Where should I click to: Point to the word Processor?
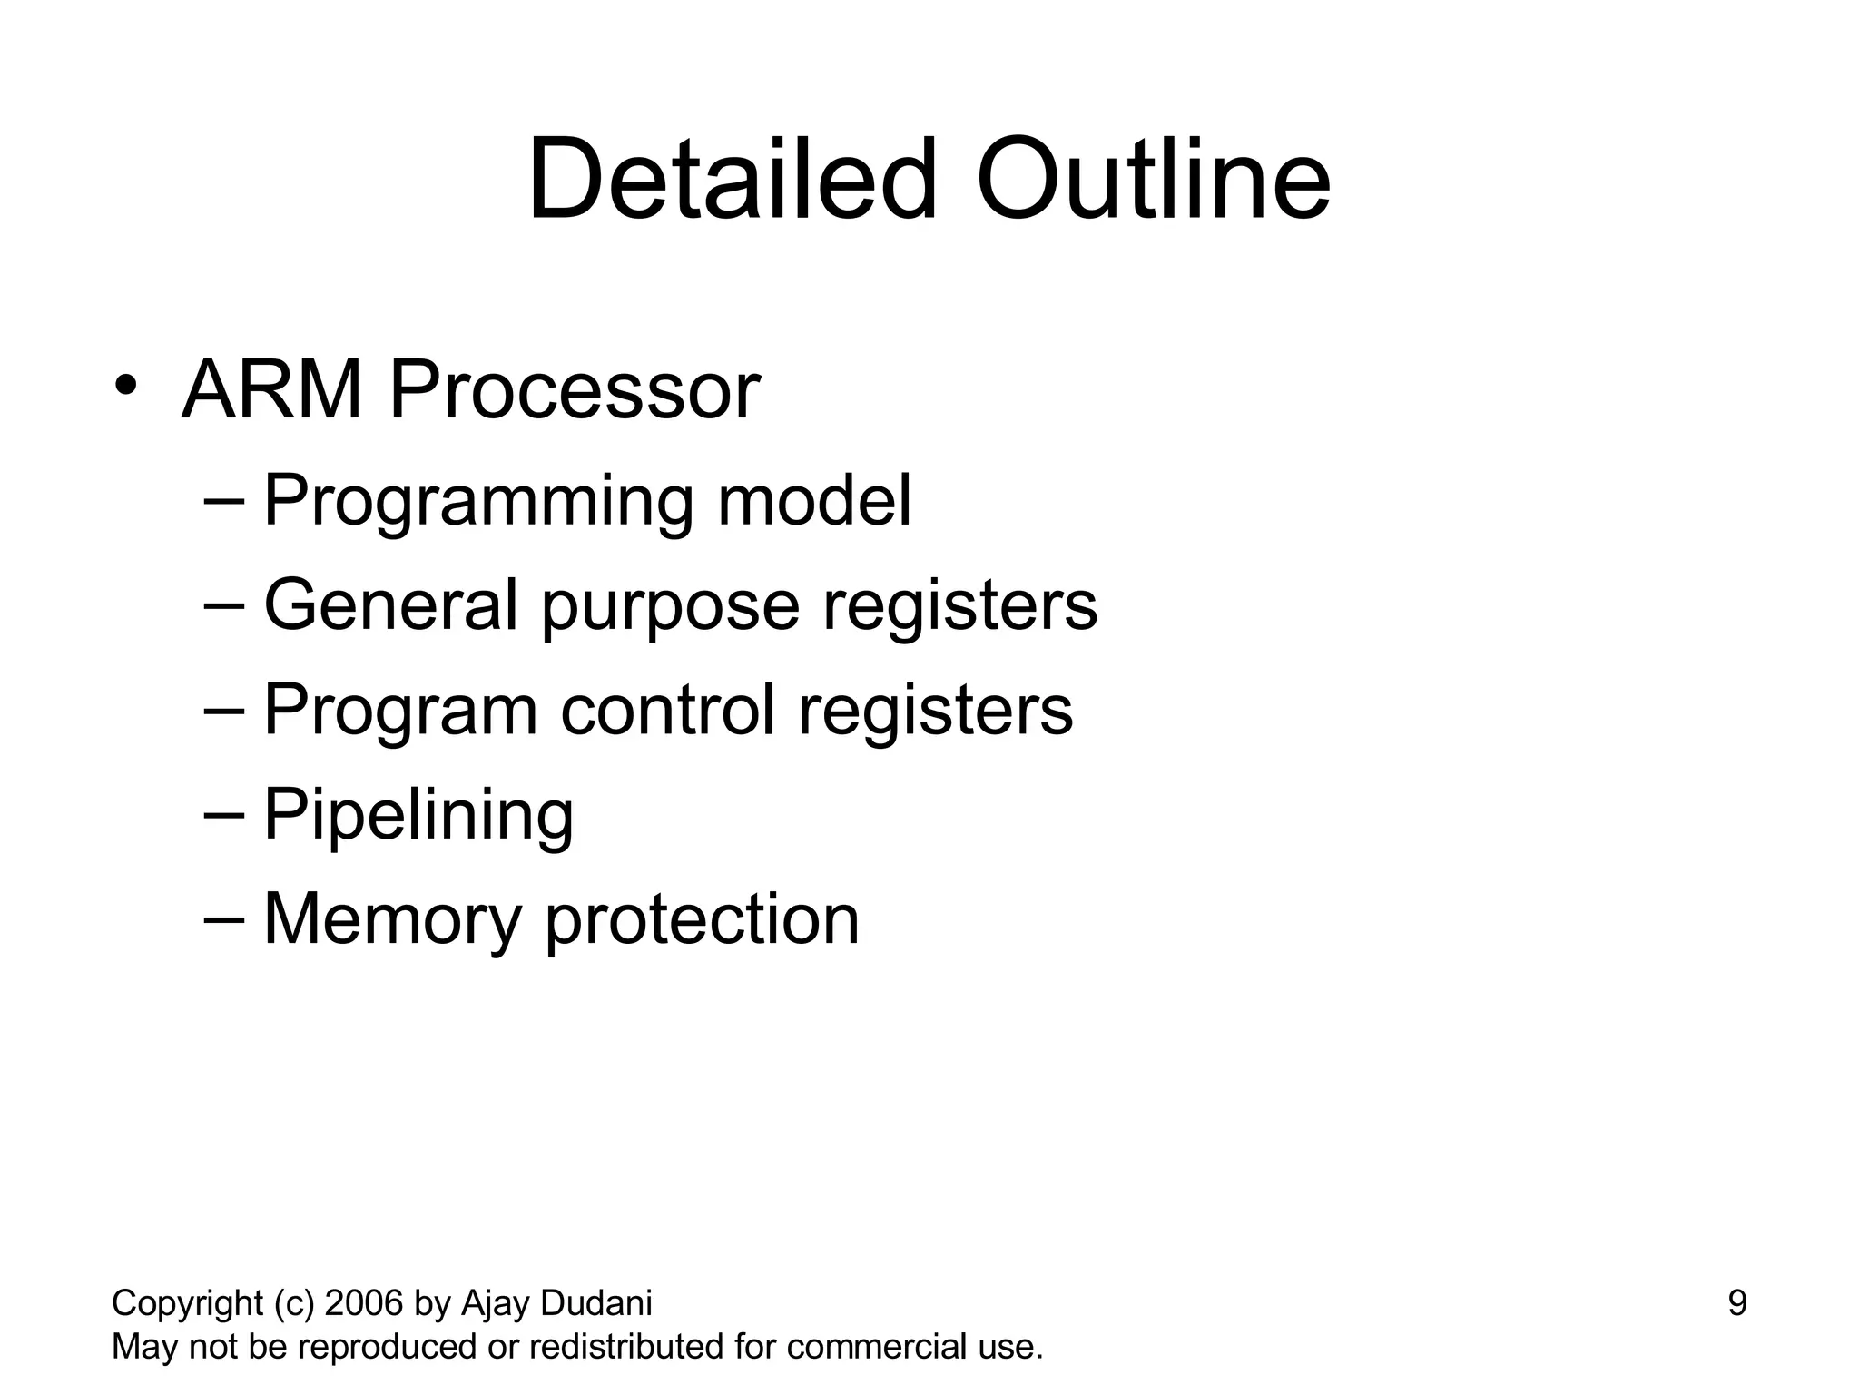point(574,391)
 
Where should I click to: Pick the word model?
point(813,500)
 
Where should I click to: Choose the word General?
point(390,604)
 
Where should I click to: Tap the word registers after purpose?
point(959,606)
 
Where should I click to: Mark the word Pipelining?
point(418,815)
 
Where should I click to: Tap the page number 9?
point(1736,1303)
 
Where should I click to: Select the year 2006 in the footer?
point(364,1303)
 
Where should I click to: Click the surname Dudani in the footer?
point(595,1303)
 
